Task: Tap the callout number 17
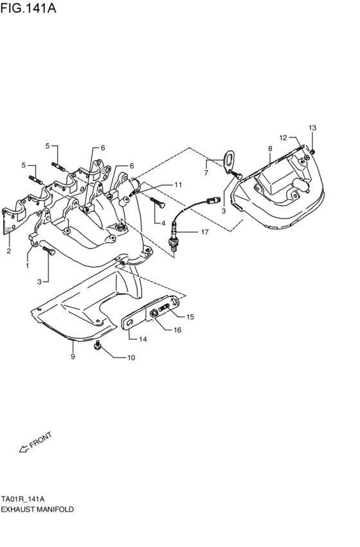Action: (x=204, y=232)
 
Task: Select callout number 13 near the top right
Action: (x=312, y=128)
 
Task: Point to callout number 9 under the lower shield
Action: (x=73, y=355)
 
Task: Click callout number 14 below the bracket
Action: (x=143, y=339)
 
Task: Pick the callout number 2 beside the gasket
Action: (x=9, y=251)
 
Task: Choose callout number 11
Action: (x=178, y=185)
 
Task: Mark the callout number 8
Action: (x=270, y=148)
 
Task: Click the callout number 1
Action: (x=27, y=265)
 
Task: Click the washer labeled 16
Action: (x=154, y=314)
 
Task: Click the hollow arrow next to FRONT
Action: (x=23, y=449)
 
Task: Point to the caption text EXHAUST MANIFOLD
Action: (x=37, y=508)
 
